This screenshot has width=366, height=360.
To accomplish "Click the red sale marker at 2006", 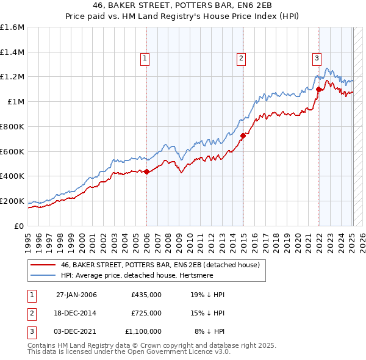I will [x=146, y=171].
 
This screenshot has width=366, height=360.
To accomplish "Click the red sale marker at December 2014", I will [x=242, y=135].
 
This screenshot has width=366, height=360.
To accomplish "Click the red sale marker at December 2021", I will [x=318, y=89].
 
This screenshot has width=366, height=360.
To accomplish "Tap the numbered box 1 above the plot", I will [x=145, y=59].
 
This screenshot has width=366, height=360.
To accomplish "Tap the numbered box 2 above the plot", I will [x=242, y=59].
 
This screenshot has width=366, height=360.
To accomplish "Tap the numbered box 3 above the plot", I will [x=317, y=59].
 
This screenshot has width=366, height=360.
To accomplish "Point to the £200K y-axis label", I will [x=12, y=201].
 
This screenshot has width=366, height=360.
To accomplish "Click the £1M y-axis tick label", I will [x=16, y=101].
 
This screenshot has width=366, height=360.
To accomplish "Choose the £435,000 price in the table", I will [x=146, y=295].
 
